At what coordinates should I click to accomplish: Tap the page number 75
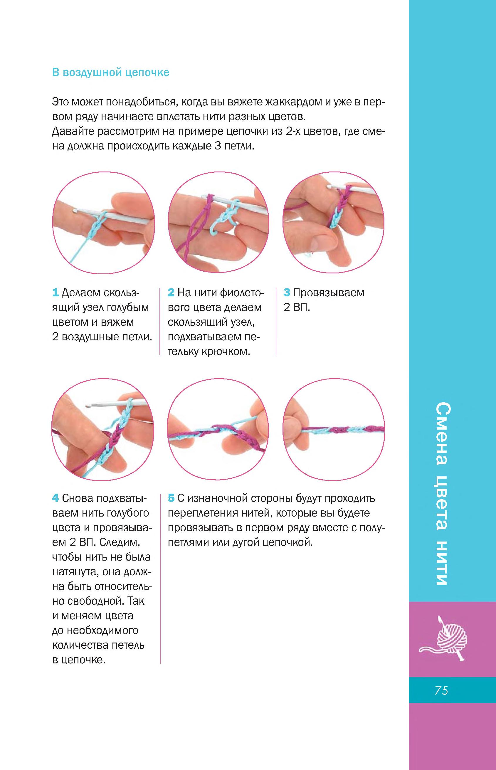pyautogui.click(x=441, y=691)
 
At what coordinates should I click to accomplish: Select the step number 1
pyautogui.click(x=56, y=293)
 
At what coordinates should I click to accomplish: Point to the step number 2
pyautogui.click(x=171, y=293)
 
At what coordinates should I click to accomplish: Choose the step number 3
pyautogui.click(x=287, y=293)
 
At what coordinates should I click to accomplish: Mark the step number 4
pyautogui.click(x=56, y=498)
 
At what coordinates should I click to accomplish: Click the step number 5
pyautogui.click(x=171, y=498)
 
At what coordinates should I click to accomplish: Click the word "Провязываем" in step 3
pyautogui.click(x=329, y=293)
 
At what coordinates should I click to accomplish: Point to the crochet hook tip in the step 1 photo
pyautogui.click(x=74, y=210)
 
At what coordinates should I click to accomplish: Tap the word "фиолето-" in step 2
pyautogui.click(x=242, y=293)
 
